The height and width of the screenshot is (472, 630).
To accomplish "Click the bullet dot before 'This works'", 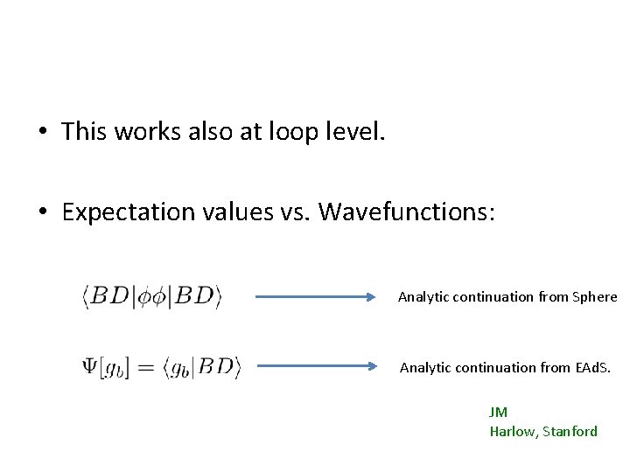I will coord(41,133).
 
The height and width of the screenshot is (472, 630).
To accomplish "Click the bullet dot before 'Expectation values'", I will coord(41,213).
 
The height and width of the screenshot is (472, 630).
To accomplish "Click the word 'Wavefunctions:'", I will coord(406,212).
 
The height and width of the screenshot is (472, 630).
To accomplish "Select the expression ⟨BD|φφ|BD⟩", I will coord(152,296).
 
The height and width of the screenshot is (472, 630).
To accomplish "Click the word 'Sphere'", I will coord(595,296).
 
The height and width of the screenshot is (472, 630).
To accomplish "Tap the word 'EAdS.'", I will coord(591,367).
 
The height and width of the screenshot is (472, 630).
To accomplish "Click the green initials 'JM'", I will coord(498,413).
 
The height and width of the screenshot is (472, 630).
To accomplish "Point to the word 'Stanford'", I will coord(570,431).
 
